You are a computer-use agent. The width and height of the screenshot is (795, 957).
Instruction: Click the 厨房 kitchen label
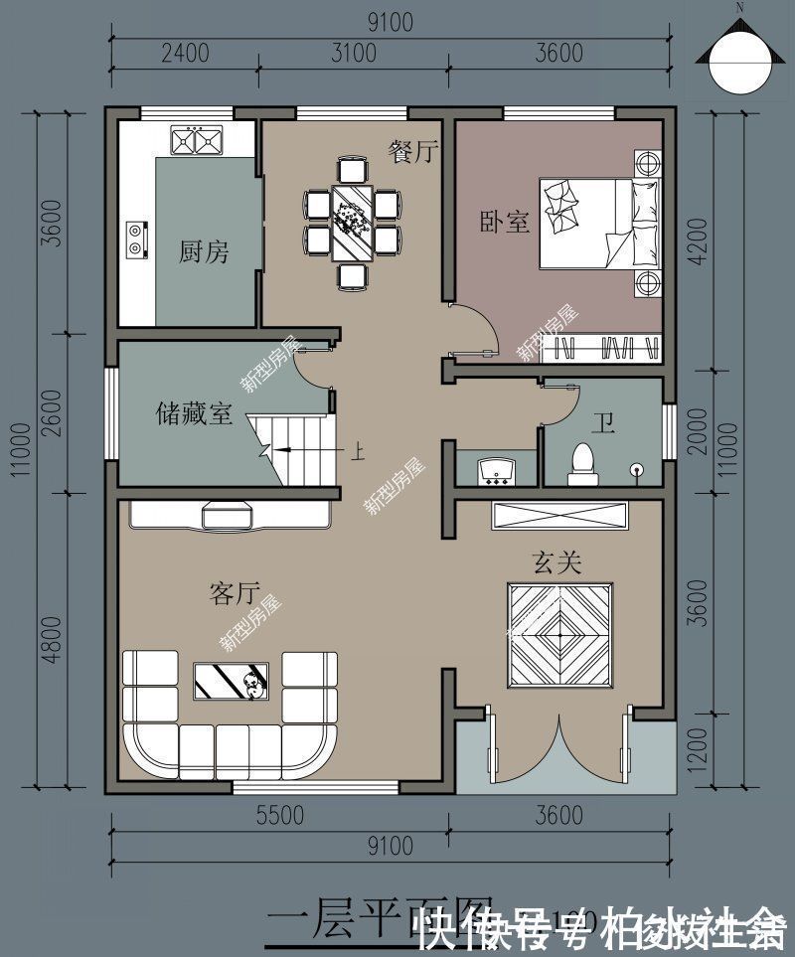(204, 252)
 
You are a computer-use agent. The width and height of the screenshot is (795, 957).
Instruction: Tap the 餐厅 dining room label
(413, 151)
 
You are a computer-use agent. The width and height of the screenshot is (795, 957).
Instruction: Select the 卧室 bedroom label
(505, 221)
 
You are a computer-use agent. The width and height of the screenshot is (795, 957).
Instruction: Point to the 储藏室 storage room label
(195, 412)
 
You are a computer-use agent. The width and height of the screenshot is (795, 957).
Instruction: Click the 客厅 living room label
(235, 593)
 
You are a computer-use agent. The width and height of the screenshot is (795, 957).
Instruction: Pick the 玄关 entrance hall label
(556, 562)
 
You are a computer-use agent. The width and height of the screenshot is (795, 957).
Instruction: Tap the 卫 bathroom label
(602, 425)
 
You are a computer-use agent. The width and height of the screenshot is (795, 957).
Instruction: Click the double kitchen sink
(196, 141)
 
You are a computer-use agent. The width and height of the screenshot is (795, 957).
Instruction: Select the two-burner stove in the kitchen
(135, 236)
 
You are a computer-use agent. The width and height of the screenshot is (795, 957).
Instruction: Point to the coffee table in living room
(231, 681)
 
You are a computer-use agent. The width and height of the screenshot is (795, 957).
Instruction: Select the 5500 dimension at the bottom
(278, 816)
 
